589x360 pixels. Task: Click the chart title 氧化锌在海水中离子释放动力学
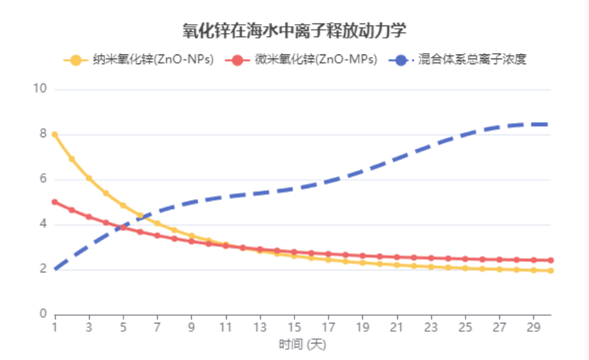point(294,30)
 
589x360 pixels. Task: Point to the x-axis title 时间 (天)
point(302,343)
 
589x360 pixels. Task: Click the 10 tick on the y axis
point(39,89)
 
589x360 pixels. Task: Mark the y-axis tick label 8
point(42,134)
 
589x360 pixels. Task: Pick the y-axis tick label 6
point(42,179)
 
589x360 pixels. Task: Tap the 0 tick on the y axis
point(42,314)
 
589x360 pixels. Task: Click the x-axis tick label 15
point(294,326)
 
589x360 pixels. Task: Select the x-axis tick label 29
point(535,326)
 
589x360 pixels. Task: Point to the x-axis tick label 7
point(157,326)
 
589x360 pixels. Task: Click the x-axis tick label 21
point(397,326)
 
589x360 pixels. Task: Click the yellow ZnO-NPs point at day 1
point(54,134)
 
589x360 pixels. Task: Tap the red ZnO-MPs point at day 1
point(54,202)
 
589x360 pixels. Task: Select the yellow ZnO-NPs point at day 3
point(89,178)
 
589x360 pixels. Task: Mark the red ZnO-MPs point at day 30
point(551,260)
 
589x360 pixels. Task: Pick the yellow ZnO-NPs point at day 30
point(551,270)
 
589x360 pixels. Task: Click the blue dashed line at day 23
point(432,147)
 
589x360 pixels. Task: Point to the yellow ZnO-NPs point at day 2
point(72,159)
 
